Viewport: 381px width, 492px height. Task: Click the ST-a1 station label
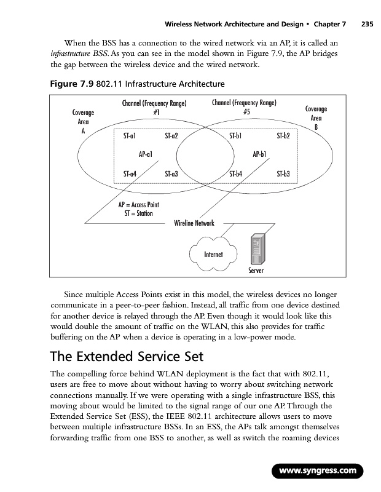[130, 135]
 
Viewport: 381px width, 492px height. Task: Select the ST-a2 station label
[171, 135]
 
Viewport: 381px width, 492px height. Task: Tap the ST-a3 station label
[171, 174]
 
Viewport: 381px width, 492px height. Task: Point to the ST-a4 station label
[130, 174]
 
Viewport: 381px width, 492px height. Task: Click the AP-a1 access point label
[146, 154]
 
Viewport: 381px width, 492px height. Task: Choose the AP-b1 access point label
[260, 154]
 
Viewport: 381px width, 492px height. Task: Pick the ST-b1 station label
[235, 135]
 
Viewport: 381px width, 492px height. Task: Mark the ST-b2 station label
[283, 135]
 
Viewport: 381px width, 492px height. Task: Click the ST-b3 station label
[283, 174]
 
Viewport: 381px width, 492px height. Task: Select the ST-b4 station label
[235, 174]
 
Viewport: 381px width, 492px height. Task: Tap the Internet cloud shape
[213, 254]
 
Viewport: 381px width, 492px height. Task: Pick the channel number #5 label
[245, 112]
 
